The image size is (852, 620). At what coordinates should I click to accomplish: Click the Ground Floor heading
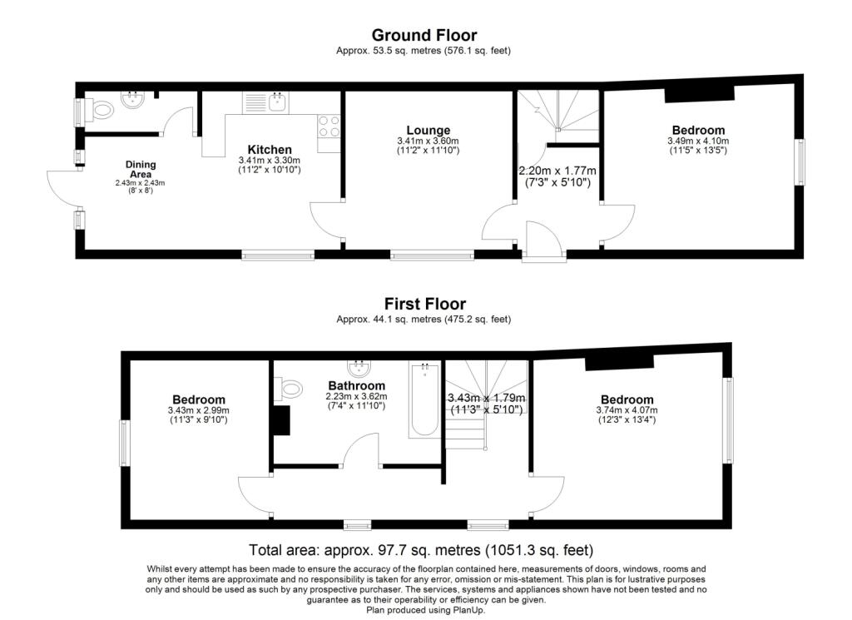tap(424, 35)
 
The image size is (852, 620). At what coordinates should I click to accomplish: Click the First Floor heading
tap(424, 304)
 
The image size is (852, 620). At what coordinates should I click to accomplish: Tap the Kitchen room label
tap(270, 150)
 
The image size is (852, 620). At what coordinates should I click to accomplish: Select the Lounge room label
tap(428, 131)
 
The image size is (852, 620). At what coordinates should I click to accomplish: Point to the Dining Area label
tap(141, 170)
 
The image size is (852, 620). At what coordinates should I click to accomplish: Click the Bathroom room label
tap(356, 386)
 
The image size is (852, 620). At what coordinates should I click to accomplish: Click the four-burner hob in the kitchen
tap(329, 126)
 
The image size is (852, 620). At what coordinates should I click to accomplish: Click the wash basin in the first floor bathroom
tap(359, 368)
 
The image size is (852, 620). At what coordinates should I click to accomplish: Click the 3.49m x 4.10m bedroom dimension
tap(698, 141)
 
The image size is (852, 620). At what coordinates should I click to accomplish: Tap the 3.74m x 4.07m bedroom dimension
tap(627, 410)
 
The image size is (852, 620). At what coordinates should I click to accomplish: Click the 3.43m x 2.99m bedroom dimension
tap(199, 410)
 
